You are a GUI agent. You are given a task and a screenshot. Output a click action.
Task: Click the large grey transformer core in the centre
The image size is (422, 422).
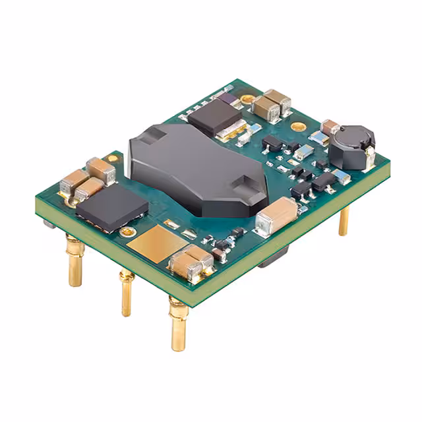(x=191, y=165)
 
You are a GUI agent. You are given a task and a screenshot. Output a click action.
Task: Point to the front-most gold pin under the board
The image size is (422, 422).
(x=177, y=324)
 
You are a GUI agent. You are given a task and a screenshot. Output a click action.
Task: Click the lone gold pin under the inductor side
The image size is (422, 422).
(x=344, y=221)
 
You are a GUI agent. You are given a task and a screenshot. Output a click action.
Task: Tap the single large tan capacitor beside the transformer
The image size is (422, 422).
(x=278, y=216)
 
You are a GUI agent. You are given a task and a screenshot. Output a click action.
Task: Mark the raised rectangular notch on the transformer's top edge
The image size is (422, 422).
(x=152, y=134)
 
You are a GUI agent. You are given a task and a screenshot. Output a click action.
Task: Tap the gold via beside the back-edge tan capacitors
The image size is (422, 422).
(x=247, y=99)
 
